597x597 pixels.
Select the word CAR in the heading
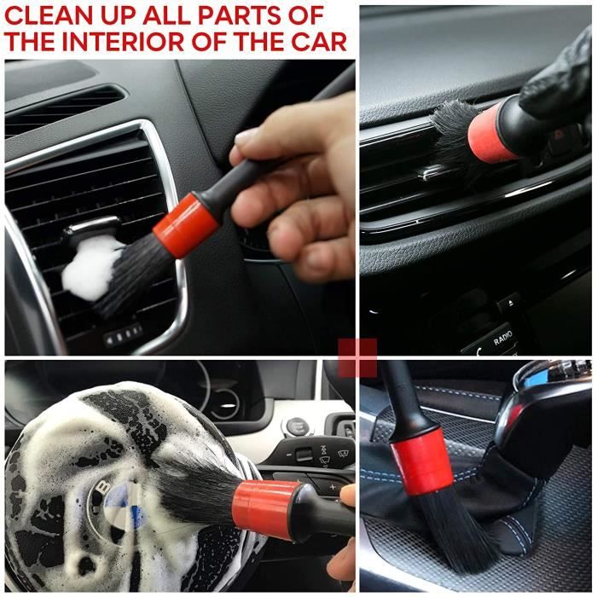(319, 41)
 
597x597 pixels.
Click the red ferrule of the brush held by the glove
(491, 131)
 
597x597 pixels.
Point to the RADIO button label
(502, 338)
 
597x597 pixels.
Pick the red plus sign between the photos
(357, 357)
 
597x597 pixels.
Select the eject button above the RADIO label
(509, 303)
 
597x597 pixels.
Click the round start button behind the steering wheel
(295, 426)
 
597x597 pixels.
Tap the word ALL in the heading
(165, 15)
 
